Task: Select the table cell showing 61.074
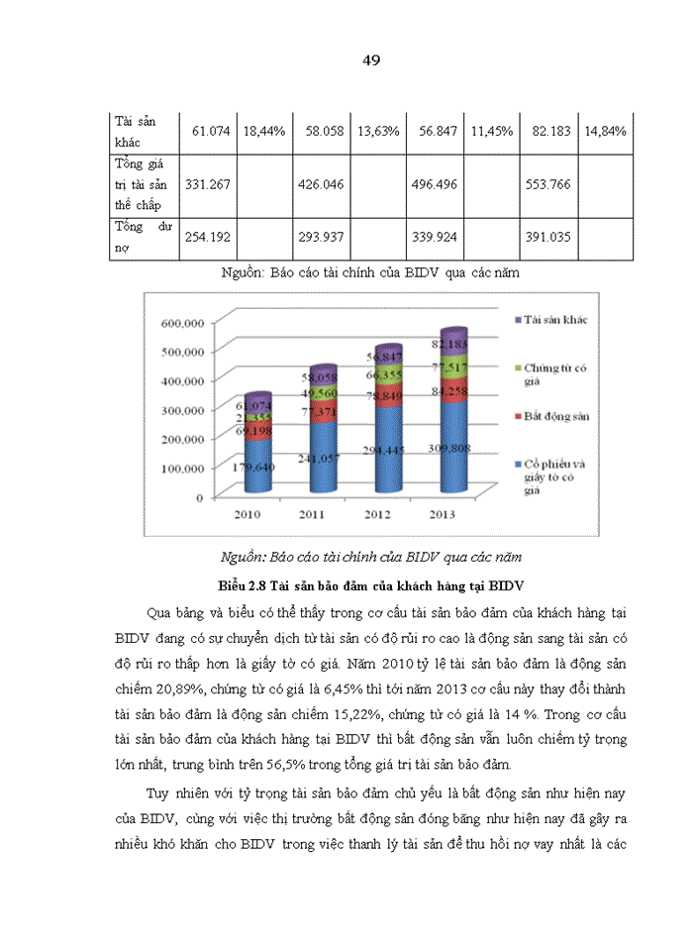[x=207, y=132]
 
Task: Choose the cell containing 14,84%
[x=604, y=132]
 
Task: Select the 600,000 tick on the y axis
[x=183, y=323]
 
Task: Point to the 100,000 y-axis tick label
[x=183, y=468]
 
